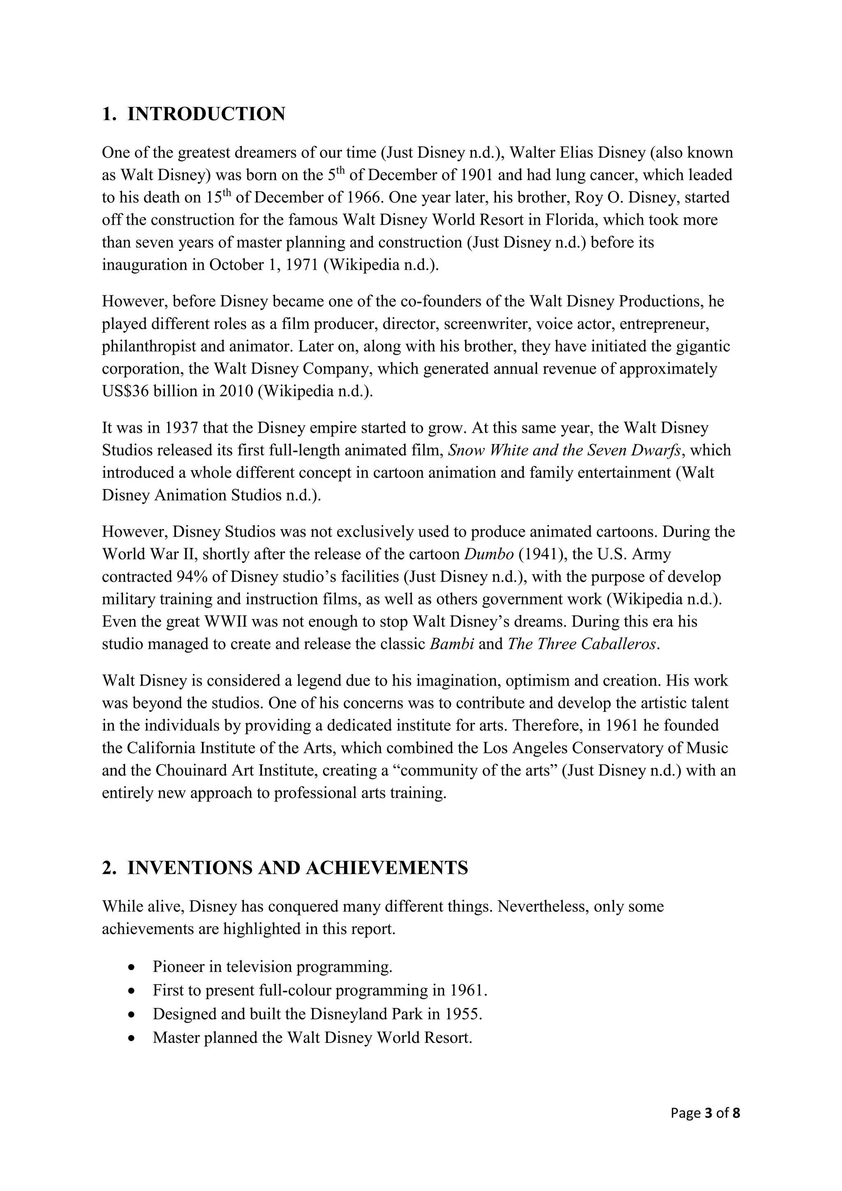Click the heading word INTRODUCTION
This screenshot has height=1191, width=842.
[206, 114]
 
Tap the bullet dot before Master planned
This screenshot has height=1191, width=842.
[133, 1038]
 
